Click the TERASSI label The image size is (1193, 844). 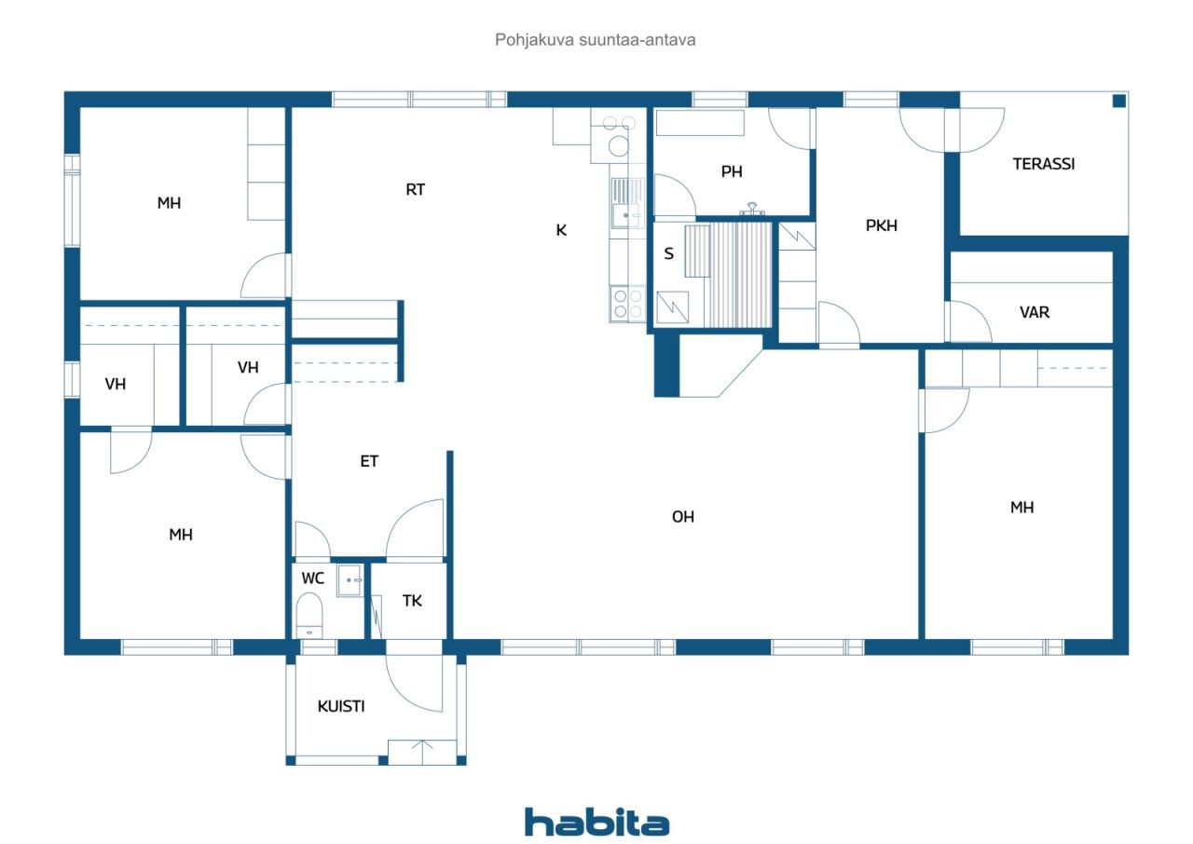[1043, 164]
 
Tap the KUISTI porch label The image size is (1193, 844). [341, 706]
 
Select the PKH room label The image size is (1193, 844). [882, 225]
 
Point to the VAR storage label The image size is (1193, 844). [1035, 312]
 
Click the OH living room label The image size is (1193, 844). [683, 517]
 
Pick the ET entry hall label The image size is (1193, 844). [369, 461]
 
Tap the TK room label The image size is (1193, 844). [412, 601]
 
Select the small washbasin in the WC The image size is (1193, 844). [350, 580]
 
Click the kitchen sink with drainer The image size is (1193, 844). [627, 203]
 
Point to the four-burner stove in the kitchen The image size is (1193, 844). [627, 304]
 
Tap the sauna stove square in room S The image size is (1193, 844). [672, 307]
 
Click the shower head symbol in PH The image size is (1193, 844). [752, 210]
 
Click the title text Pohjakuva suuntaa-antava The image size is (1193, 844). [595, 40]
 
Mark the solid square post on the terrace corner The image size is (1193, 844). [1119, 101]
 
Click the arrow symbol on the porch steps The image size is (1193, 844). [422, 752]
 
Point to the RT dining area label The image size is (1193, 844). [415, 189]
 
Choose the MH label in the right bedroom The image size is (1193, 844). [1022, 507]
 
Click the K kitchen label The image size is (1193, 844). [561, 230]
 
